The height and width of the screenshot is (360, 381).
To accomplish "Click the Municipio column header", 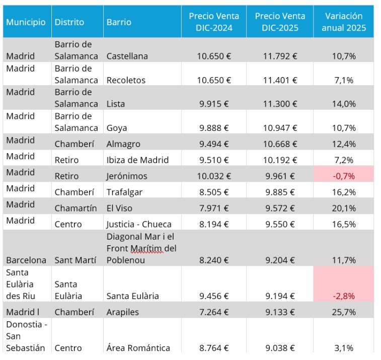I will click(x=26, y=22).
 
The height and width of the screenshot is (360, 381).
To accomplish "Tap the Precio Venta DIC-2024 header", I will click(x=214, y=22).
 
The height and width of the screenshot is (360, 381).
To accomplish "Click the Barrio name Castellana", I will click(x=127, y=56).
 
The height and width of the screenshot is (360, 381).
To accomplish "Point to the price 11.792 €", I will click(x=280, y=56).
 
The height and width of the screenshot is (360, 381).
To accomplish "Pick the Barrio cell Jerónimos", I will click(x=126, y=176).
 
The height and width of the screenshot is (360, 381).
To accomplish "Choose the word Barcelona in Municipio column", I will click(x=26, y=260).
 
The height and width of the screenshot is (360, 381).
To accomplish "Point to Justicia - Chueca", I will click(x=139, y=224).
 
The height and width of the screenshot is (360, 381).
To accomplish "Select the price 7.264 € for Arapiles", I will click(x=214, y=312).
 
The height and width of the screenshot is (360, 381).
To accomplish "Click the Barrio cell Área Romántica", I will click(x=138, y=347).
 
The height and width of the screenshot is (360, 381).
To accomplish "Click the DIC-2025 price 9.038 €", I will click(x=280, y=347).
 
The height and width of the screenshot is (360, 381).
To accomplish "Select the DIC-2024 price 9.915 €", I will click(x=214, y=104).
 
